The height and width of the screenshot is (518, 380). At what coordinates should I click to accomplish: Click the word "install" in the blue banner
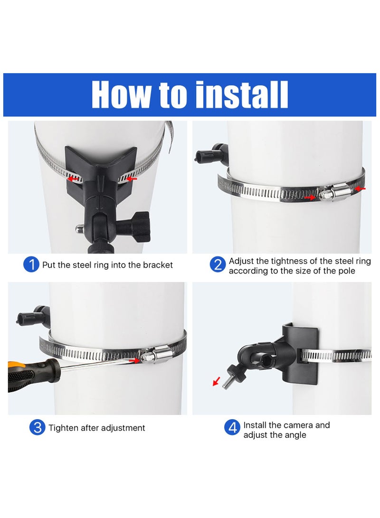click(x=242, y=95)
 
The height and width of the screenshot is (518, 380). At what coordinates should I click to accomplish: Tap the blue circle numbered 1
click(x=31, y=265)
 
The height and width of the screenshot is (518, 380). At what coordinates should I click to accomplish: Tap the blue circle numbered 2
click(x=218, y=265)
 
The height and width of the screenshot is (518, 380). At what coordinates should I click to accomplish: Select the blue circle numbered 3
click(x=37, y=427)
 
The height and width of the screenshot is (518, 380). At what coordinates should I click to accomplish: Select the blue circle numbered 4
click(x=232, y=427)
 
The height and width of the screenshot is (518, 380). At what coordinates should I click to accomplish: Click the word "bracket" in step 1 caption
click(x=158, y=265)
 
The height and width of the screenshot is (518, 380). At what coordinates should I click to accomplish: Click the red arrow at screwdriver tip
click(x=137, y=361)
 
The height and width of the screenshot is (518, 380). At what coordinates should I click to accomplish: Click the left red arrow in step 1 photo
click(x=73, y=179)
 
